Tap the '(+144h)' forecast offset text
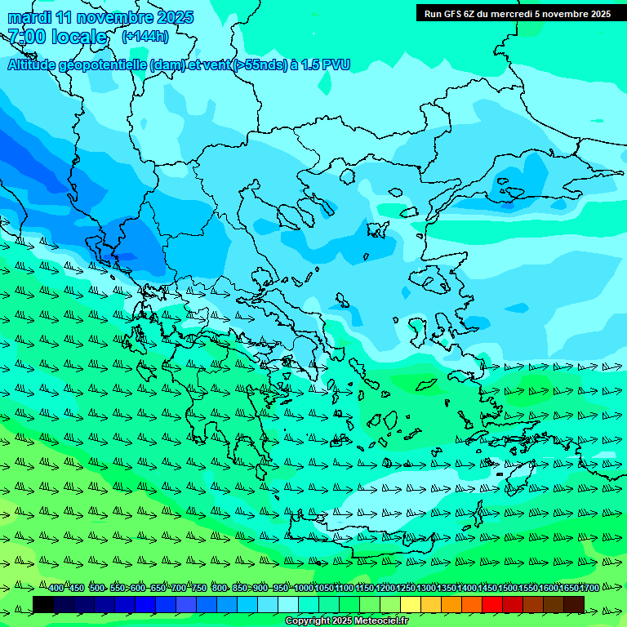145,36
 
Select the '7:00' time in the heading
25,37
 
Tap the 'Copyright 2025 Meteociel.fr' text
346,621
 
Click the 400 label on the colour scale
56,589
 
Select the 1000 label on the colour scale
303,589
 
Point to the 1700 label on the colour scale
589,589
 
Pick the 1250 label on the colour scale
406,589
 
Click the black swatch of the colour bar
43,604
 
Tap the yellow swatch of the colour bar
411,604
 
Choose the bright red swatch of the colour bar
492,604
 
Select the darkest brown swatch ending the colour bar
574,604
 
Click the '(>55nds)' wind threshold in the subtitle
260,64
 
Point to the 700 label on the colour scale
179,589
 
